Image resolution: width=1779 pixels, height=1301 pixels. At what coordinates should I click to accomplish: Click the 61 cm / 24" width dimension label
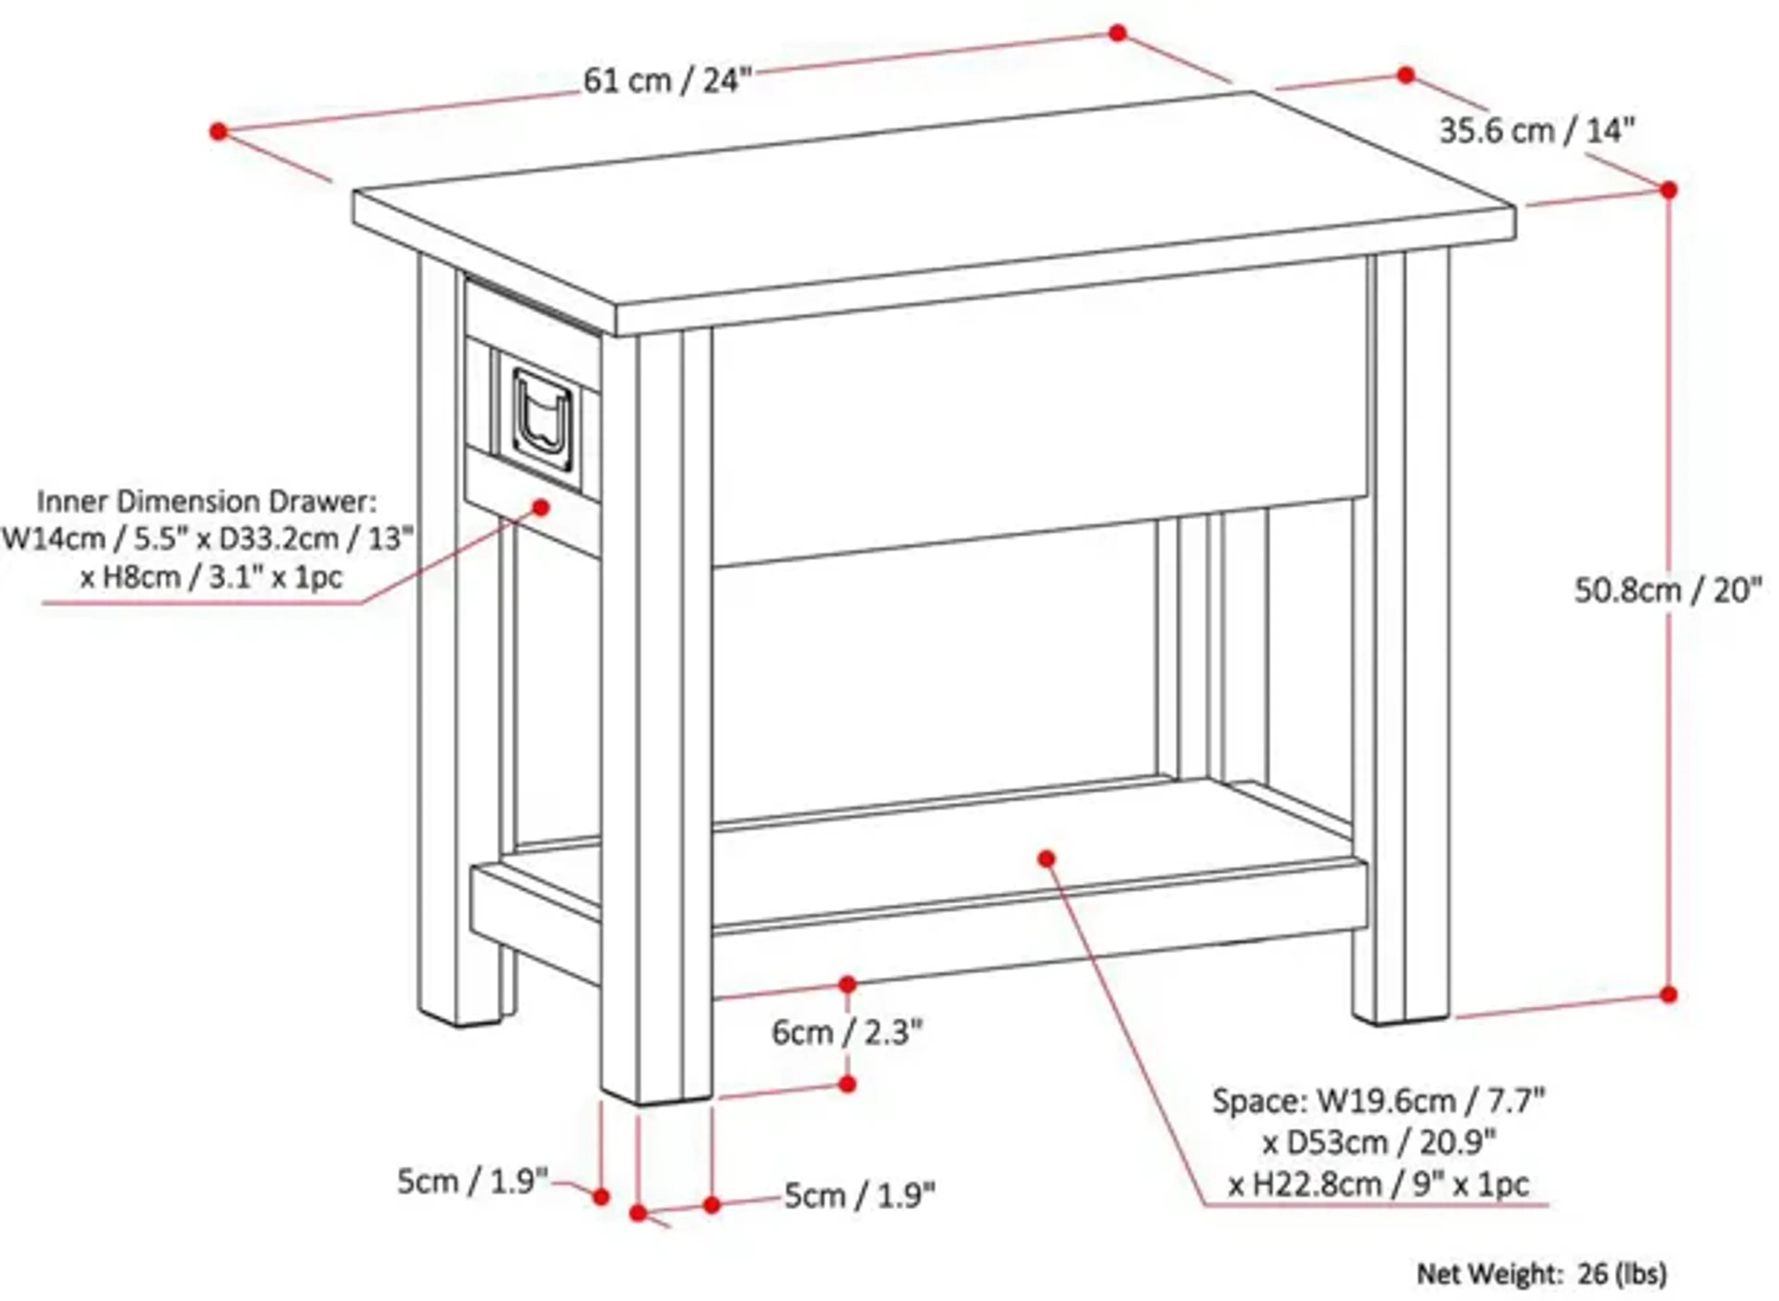[x=667, y=80]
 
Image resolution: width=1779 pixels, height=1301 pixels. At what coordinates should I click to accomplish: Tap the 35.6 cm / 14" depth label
[x=1536, y=131]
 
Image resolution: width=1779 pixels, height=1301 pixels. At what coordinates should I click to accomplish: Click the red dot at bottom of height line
[x=1668, y=995]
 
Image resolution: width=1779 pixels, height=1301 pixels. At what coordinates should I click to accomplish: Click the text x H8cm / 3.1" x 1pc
[x=211, y=577]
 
